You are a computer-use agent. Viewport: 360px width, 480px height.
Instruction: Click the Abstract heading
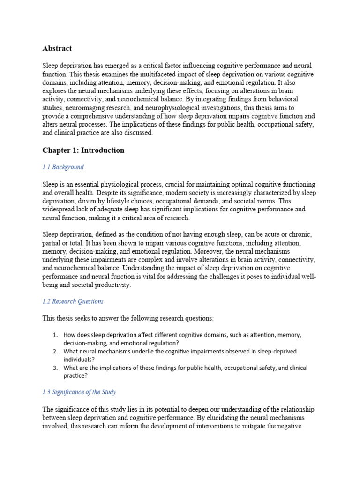[x=57, y=48]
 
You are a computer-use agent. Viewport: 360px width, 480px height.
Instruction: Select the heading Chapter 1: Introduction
[x=83, y=150]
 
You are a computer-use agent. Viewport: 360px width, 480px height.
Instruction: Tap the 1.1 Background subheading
[x=63, y=167]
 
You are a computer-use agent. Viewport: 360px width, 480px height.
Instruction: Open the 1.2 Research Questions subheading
[x=73, y=301]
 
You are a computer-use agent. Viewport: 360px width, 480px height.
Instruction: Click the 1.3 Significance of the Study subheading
[x=79, y=392]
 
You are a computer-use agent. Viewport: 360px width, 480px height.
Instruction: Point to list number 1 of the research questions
[x=55, y=335]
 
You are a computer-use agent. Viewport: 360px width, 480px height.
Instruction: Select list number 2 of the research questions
[x=55, y=351]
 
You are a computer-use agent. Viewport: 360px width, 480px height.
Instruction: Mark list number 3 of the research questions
[x=55, y=367]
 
